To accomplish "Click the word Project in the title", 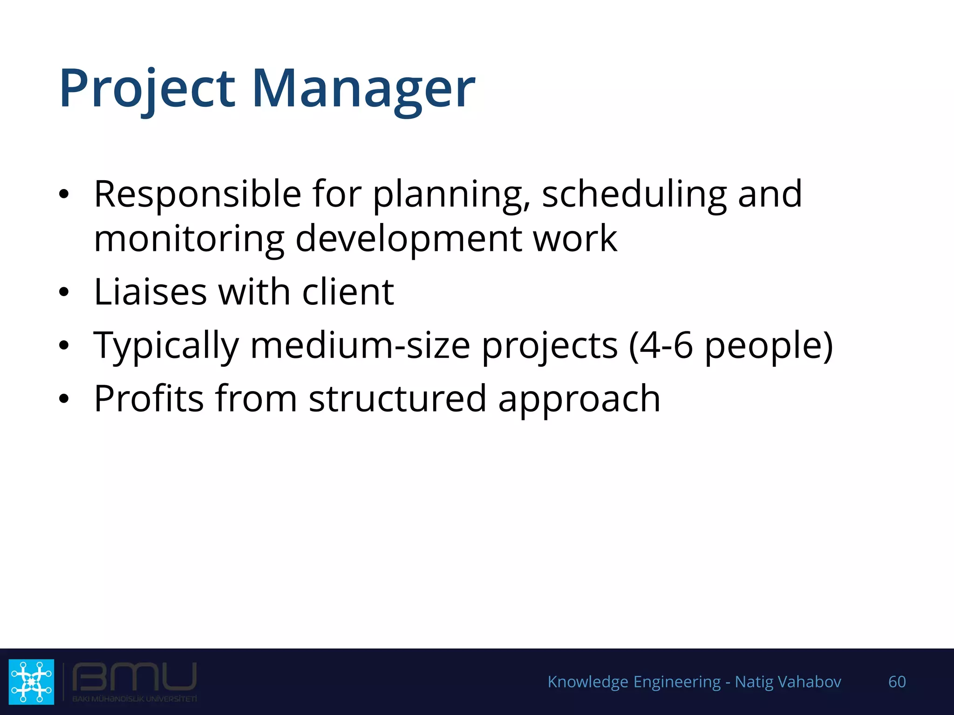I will tap(147, 88).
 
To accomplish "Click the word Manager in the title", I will tap(363, 88).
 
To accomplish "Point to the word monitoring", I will tap(189, 238).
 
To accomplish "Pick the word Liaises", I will tap(150, 292).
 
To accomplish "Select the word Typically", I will tap(166, 345).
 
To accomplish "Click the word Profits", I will tap(149, 398).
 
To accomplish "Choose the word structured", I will tap(397, 398).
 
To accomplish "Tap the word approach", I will tap(579, 398).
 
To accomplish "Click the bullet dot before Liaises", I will tap(64, 293).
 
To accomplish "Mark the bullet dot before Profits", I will tap(64, 399).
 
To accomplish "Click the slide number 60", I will tap(897, 681).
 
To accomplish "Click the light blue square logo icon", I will tap(31, 681).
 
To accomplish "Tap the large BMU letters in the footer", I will tap(135, 677).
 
